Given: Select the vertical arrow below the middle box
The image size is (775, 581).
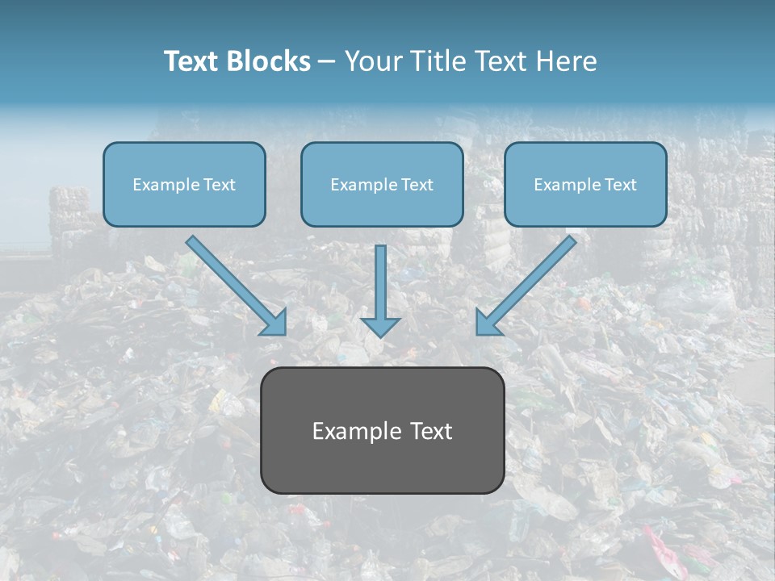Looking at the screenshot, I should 380,290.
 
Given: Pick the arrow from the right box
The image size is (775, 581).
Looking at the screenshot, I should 529,282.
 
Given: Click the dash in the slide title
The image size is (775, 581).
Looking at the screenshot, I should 328,62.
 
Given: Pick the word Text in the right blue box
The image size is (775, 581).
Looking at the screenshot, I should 621,185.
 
